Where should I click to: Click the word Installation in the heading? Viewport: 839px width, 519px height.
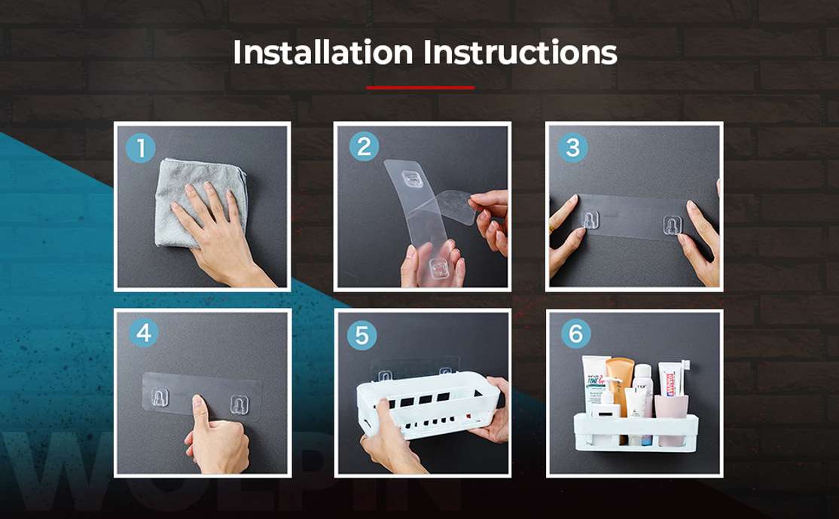322,53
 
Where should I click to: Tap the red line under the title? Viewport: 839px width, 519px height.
420,88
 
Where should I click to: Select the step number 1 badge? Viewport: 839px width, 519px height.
140,147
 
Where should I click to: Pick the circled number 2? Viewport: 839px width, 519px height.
364,147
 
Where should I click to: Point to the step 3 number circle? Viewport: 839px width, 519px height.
573,148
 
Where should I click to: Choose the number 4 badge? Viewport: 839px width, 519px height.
143,333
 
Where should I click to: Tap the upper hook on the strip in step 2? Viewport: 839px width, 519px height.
411,179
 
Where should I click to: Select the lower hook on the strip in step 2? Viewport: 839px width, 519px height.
438,267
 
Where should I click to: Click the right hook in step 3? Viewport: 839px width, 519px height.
672,225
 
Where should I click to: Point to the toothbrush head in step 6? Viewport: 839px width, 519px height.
685,368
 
